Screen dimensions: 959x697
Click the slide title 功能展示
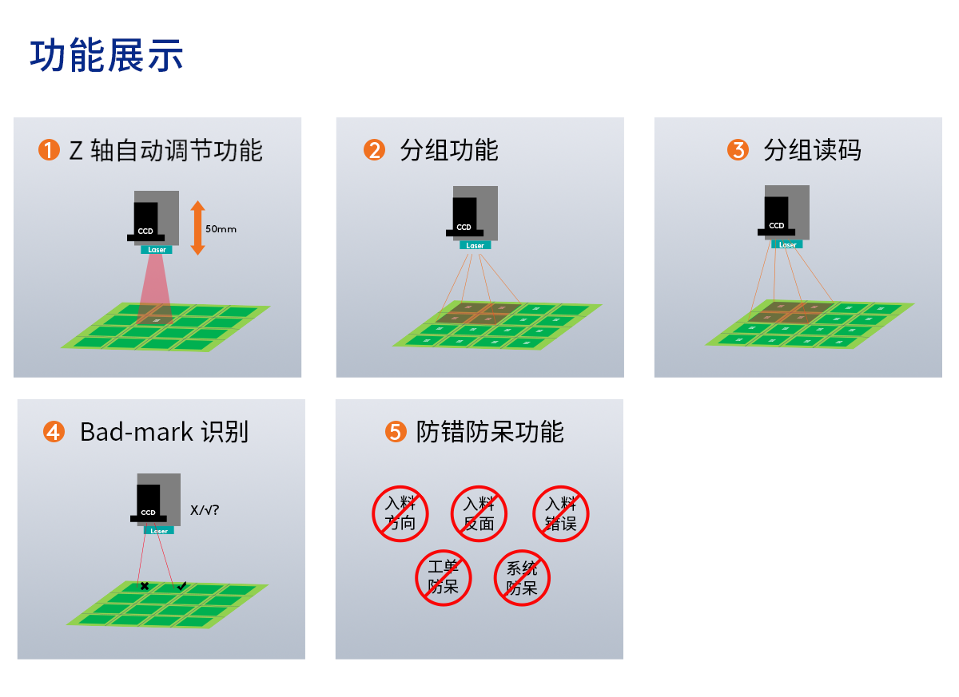[x=106, y=55]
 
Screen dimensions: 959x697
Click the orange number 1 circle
[x=49, y=150]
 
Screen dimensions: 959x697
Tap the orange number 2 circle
[x=374, y=150]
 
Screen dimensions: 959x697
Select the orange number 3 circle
[x=738, y=150]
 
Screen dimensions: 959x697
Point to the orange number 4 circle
[x=54, y=431]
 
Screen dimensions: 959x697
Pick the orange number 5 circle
[x=396, y=431]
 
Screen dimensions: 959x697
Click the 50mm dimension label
[x=221, y=229]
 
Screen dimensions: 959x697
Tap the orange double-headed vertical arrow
[x=197, y=228]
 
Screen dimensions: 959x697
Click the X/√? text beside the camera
[x=205, y=510]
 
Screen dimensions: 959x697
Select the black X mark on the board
[x=145, y=586]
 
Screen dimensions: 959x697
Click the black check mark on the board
[x=182, y=585]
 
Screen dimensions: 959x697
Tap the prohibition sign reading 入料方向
[x=400, y=513]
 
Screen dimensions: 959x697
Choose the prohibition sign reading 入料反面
[x=479, y=513]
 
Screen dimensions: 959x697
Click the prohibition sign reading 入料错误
[x=561, y=513]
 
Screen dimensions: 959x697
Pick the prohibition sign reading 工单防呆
[x=444, y=578]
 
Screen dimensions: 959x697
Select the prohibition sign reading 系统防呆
[x=522, y=578]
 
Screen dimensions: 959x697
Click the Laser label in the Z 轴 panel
[x=157, y=250]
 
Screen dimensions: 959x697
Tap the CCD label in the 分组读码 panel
[x=776, y=225]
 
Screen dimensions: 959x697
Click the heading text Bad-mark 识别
[x=164, y=432]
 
